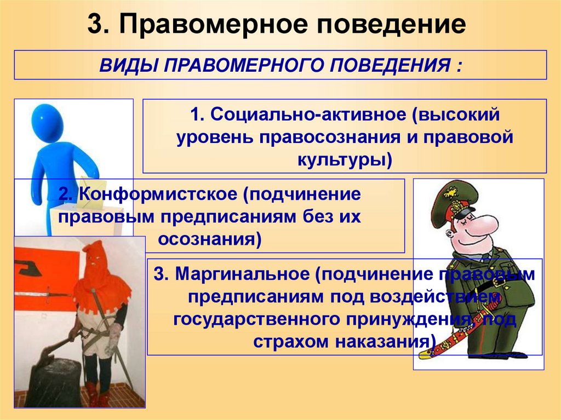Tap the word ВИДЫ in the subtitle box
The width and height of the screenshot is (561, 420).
pos(127,66)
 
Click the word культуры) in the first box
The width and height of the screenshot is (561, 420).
pos(345,159)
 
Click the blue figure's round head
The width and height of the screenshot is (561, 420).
pos(47,123)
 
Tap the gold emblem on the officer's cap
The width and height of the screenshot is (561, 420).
pos(451,193)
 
